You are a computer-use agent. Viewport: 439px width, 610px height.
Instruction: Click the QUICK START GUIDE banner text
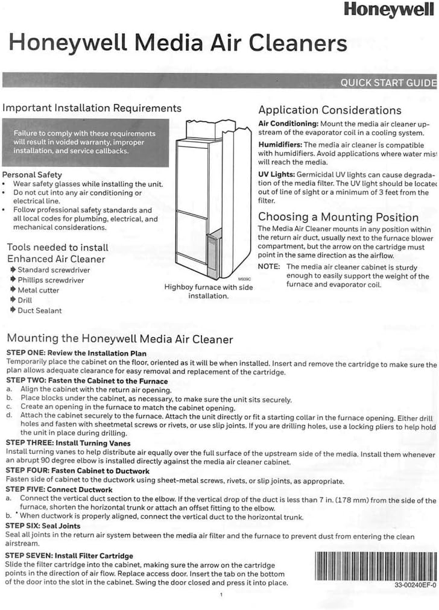coord(388,83)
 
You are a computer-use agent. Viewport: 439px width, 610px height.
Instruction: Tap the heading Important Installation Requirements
coord(92,108)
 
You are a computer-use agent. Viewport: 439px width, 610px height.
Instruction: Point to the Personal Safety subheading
coord(33,175)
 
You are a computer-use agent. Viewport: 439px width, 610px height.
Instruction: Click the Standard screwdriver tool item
coord(46,270)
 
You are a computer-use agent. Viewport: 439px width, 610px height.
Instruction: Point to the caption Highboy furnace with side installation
coord(209,292)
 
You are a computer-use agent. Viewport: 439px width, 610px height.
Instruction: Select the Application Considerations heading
coord(329,110)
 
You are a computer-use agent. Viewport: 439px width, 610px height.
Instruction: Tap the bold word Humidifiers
coord(280,145)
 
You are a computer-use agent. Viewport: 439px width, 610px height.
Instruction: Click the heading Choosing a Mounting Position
coord(338,217)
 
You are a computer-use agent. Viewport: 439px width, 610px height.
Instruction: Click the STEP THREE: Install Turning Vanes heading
coord(68,443)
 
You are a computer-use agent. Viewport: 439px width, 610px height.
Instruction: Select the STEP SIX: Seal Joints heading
coord(43,526)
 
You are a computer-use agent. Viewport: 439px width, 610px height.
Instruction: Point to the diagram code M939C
coord(244,280)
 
